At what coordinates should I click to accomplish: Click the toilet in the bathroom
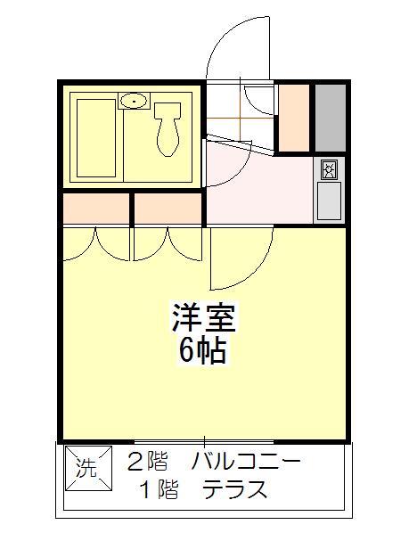click(168, 128)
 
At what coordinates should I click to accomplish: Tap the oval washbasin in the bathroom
click(134, 101)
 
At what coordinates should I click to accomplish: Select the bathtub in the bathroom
click(96, 138)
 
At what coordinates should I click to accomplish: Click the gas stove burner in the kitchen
click(329, 169)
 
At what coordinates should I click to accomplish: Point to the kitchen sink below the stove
click(329, 201)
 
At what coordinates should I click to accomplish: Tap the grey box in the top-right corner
click(331, 118)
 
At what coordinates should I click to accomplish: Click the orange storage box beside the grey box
click(293, 118)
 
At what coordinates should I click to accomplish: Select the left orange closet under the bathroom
click(96, 209)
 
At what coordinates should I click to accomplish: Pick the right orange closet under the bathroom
click(168, 209)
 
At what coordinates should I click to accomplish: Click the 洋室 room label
click(204, 318)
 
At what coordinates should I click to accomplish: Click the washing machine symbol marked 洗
click(88, 468)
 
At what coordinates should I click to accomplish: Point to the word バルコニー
click(246, 463)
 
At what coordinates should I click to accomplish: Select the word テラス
click(235, 489)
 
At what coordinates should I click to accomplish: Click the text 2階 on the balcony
click(147, 463)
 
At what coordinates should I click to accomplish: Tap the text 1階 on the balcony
click(159, 489)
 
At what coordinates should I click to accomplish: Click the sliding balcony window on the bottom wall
click(204, 441)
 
